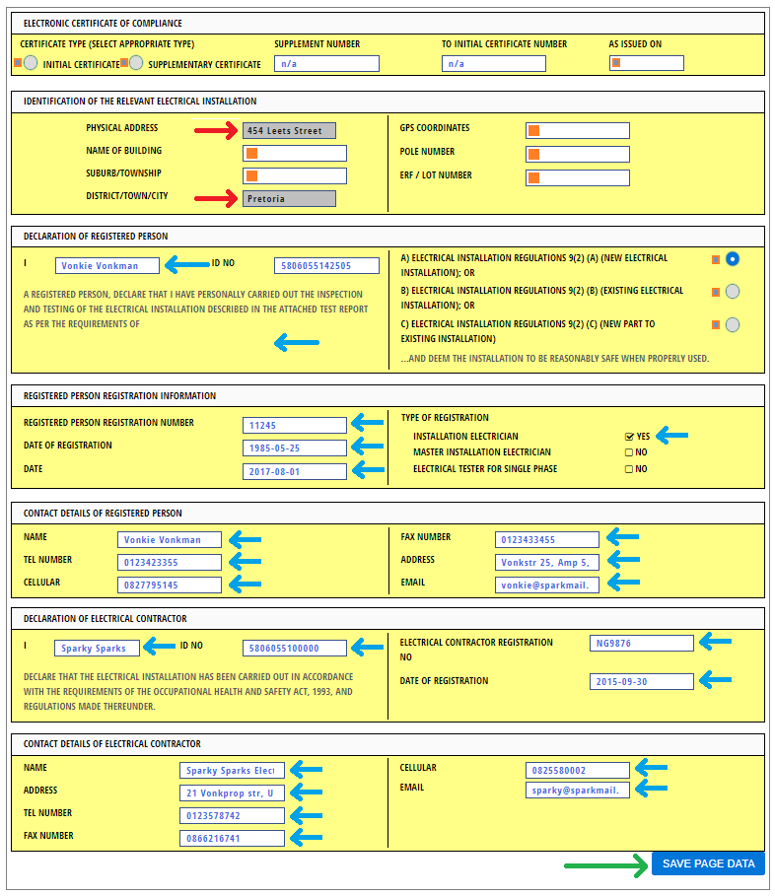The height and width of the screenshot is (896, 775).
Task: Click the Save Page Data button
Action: (708, 864)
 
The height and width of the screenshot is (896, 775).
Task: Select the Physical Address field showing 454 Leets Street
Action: (289, 130)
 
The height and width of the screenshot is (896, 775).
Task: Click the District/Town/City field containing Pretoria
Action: (289, 198)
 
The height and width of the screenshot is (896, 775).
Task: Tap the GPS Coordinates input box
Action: (577, 130)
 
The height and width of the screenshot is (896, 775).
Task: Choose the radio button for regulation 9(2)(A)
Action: (733, 259)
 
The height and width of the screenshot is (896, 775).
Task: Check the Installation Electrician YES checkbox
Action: (629, 436)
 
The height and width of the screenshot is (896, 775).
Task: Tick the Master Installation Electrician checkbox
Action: (629, 452)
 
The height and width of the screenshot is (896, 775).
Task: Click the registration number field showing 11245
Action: (295, 426)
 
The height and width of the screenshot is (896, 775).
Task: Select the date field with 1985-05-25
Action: (295, 448)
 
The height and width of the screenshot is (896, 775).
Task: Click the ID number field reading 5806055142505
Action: (326, 266)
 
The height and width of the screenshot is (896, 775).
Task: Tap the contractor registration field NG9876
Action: (642, 644)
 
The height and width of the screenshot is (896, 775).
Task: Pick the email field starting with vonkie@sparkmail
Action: (547, 585)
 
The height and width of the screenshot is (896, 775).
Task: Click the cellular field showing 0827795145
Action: (169, 585)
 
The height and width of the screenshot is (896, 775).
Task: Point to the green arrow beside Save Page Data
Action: (604, 865)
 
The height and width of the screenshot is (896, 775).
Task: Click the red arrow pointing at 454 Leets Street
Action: (215, 130)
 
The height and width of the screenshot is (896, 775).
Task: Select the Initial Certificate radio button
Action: (31, 63)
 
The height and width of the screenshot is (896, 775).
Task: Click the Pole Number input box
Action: (577, 154)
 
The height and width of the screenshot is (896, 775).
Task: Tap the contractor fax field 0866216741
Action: (232, 839)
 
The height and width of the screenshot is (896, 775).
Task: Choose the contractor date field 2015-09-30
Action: (642, 682)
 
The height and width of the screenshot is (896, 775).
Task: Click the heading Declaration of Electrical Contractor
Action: (106, 619)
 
